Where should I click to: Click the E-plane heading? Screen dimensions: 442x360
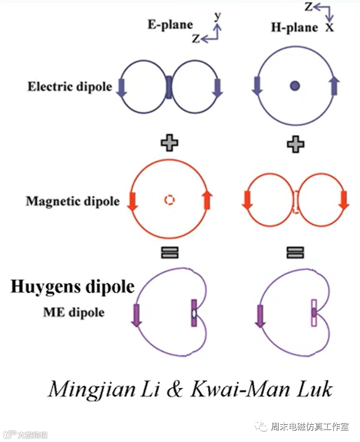point(170,25)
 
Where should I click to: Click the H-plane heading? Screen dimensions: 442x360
point(295,27)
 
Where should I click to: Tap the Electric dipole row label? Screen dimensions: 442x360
point(69,87)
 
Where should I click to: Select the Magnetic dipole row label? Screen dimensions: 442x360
point(73,201)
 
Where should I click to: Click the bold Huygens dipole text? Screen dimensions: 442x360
point(72,287)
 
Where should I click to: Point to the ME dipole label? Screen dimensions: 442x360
point(73,312)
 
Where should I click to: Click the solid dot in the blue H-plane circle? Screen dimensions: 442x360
point(295,87)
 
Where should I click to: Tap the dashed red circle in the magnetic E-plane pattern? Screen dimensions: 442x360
point(169,200)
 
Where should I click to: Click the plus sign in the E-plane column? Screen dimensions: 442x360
point(169,142)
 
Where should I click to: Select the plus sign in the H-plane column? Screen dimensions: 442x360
point(296,143)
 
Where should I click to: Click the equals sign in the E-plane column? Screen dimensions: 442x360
point(169,252)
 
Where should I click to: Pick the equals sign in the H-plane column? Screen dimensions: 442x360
point(295,252)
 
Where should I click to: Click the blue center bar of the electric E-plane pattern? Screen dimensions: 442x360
point(169,87)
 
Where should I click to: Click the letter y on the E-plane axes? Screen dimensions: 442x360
point(218,16)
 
